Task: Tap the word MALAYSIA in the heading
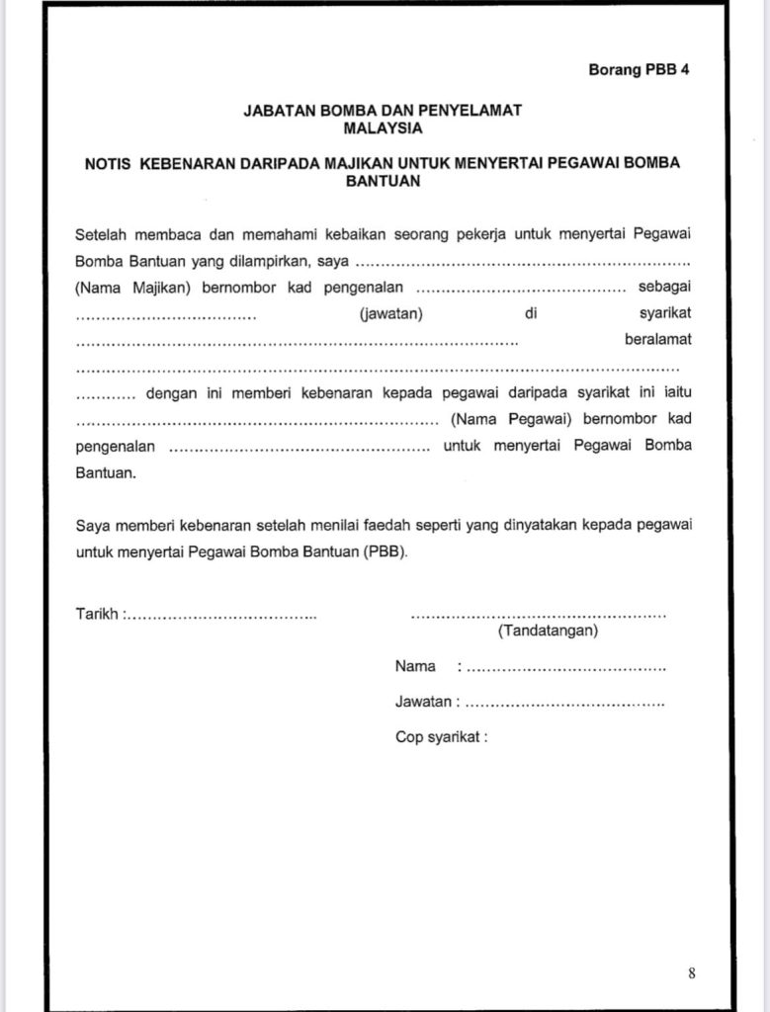pyautogui.click(x=383, y=127)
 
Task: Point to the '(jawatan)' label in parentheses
pyautogui.click(x=391, y=314)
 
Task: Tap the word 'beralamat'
pyautogui.click(x=658, y=340)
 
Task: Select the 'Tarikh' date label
pyautogui.click(x=97, y=614)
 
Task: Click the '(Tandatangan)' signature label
pyautogui.click(x=548, y=630)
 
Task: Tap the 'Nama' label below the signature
pyautogui.click(x=415, y=666)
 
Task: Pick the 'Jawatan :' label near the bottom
pyautogui.click(x=427, y=702)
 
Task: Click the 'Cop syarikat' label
pyautogui.click(x=441, y=736)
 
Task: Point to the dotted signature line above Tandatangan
pyautogui.click(x=538, y=614)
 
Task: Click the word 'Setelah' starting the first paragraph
pyautogui.click(x=101, y=235)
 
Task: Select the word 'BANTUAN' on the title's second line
pyautogui.click(x=383, y=181)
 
